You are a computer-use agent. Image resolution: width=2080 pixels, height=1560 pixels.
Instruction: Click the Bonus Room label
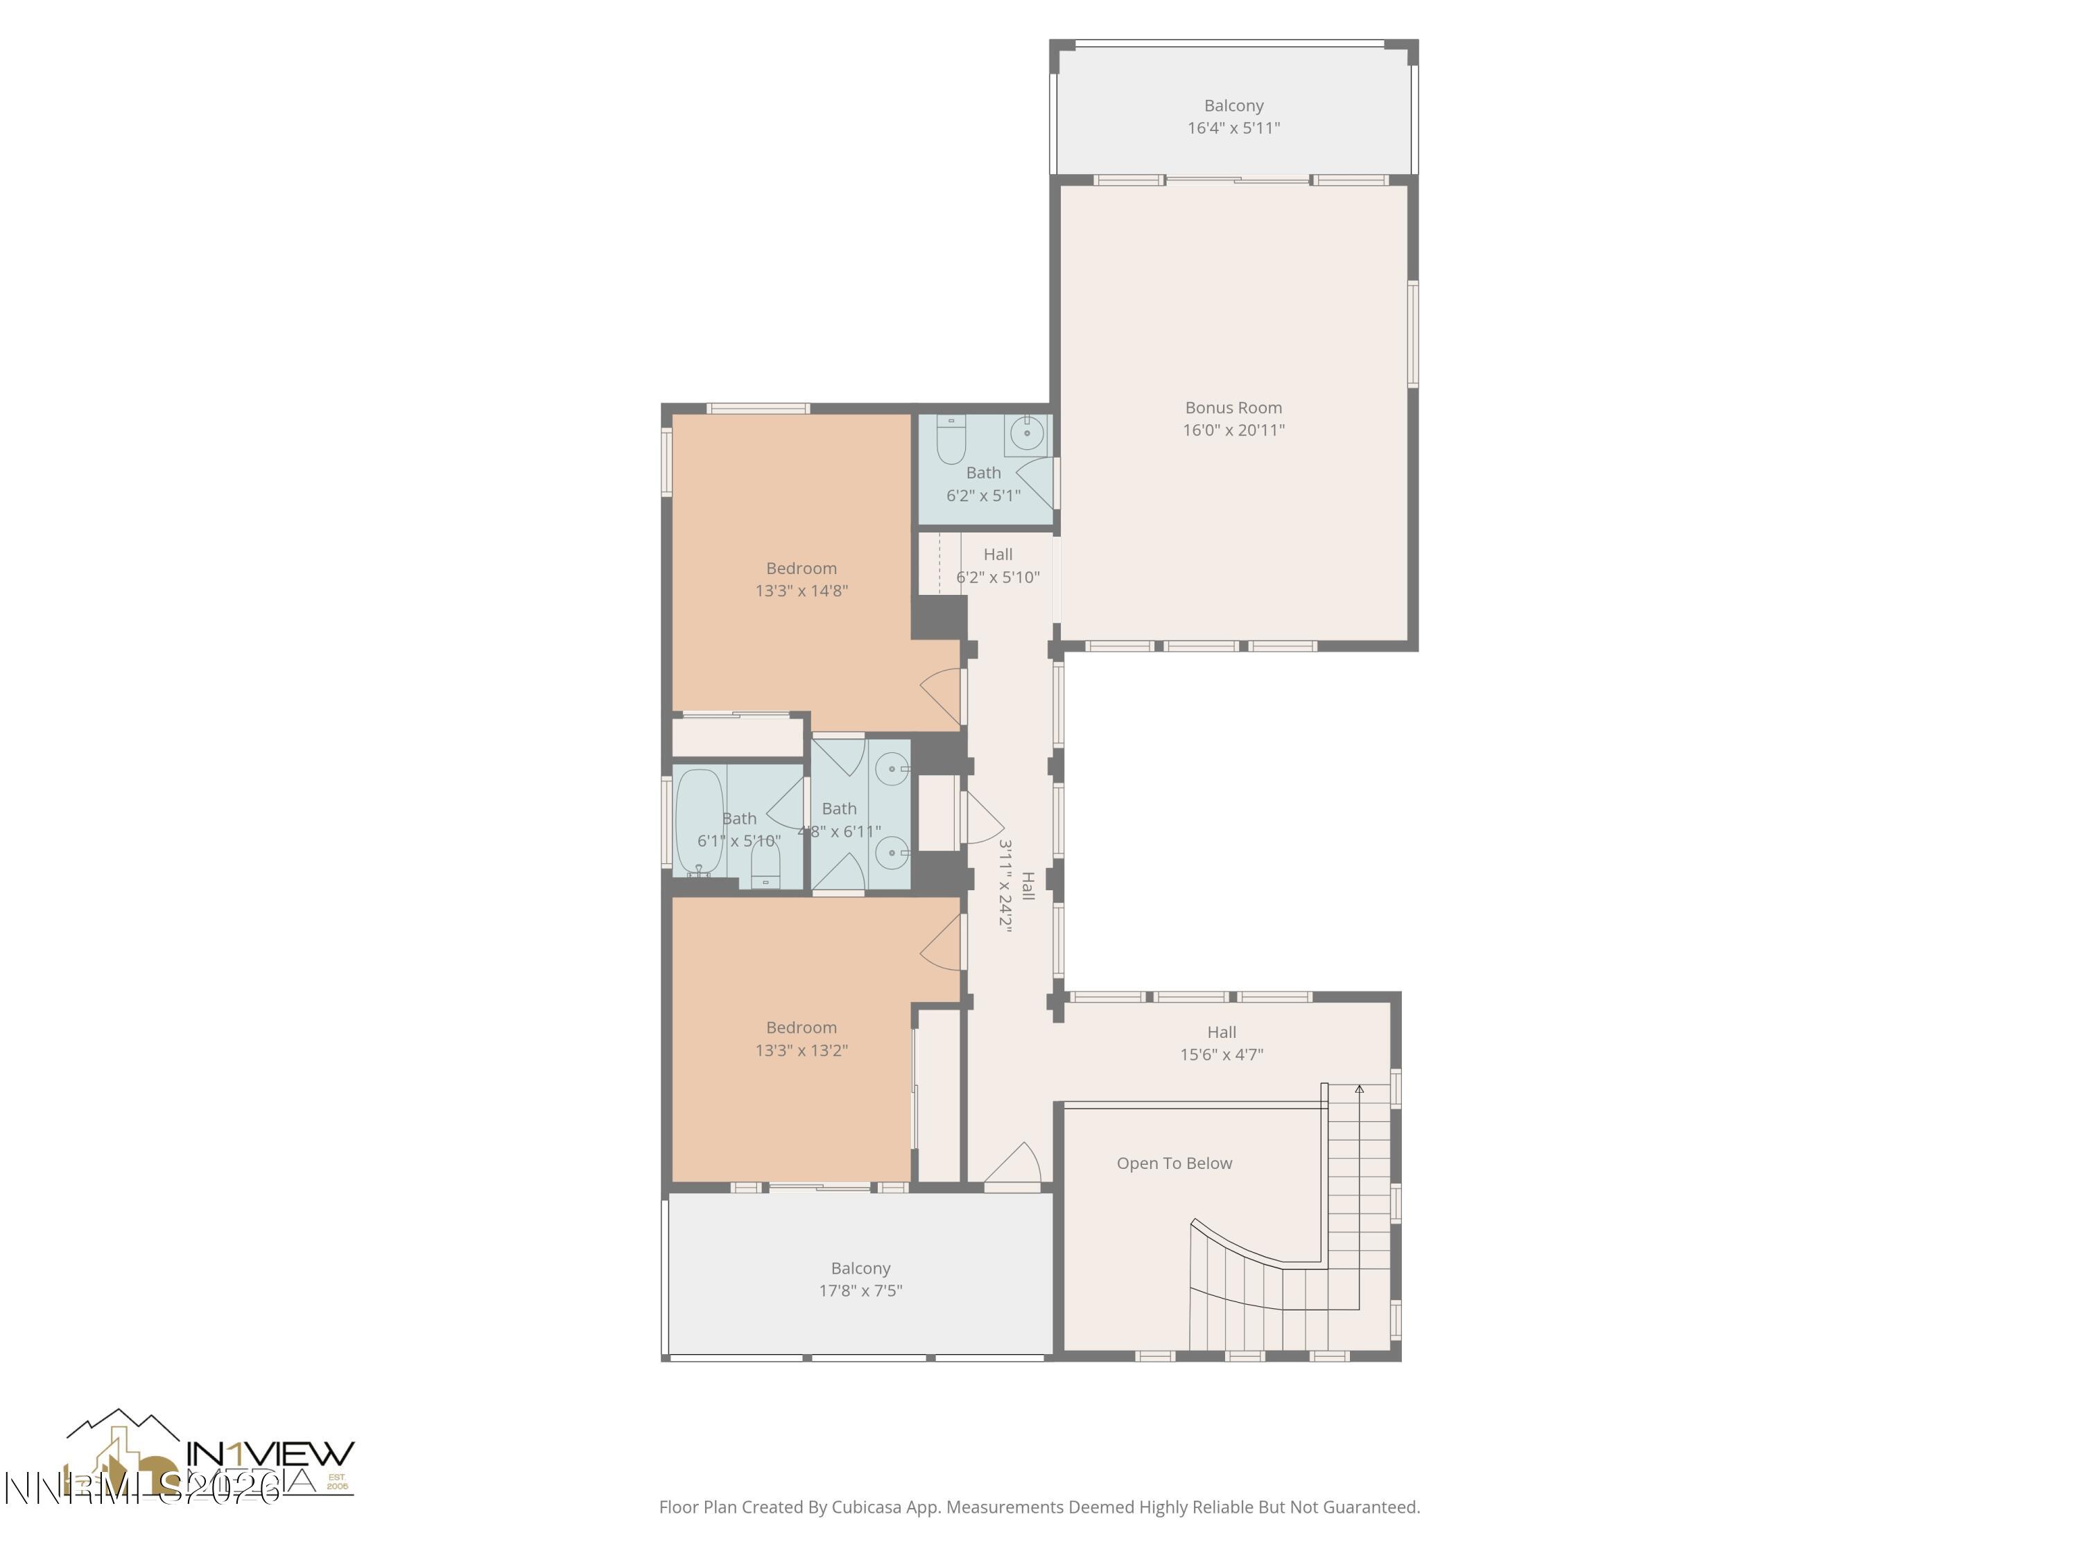pyautogui.click(x=1233, y=407)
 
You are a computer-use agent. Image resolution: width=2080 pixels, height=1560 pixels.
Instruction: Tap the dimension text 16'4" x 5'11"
pyautogui.click(x=1233, y=128)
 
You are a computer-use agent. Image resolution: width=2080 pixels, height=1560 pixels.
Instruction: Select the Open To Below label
pyautogui.click(x=1174, y=1163)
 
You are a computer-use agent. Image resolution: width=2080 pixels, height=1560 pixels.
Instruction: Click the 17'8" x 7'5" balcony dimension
pyautogui.click(x=860, y=1290)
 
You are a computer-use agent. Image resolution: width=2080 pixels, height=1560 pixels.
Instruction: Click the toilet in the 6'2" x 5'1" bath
pyautogui.click(x=951, y=440)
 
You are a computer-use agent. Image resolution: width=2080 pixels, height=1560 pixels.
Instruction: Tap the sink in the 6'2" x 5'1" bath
pyautogui.click(x=1026, y=433)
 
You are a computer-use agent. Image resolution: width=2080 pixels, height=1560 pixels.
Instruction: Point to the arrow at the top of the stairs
pyautogui.click(x=1359, y=1089)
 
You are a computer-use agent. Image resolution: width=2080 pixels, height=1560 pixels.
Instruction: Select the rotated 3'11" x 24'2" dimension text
pyautogui.click(x=1005, y=884)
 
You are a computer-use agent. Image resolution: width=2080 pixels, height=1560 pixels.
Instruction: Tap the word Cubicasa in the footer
pyautogui.click(x=866, y=1507)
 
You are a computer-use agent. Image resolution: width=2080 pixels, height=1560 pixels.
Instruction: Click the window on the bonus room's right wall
pyautogui.click(x=1412, y=333)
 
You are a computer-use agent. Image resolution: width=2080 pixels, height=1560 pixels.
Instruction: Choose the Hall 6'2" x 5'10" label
pyautogui.click(x=997, y=565)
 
